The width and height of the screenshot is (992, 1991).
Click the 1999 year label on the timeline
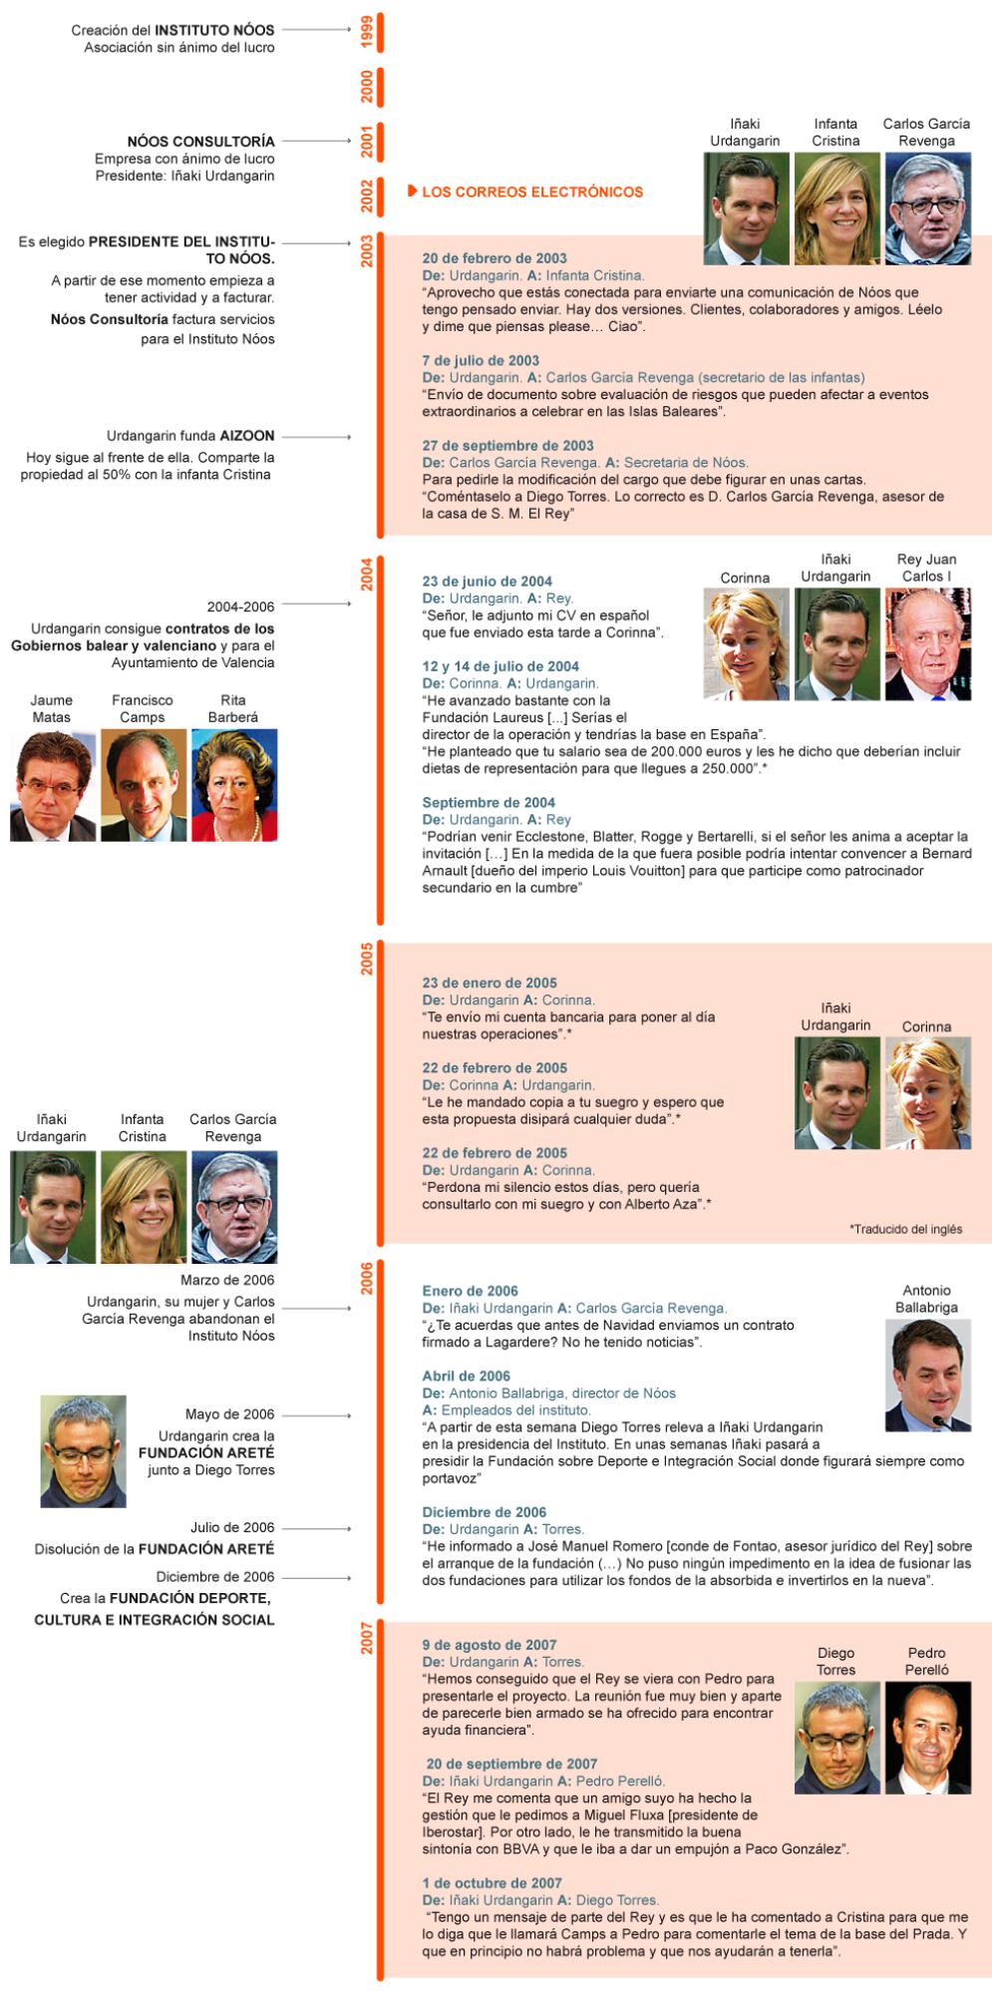tap(367, 32)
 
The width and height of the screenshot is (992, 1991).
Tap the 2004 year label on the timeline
tap(367, 575)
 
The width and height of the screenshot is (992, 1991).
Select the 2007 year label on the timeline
tap(367, 1638)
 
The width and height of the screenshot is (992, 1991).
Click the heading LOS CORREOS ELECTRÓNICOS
tap(532, 192)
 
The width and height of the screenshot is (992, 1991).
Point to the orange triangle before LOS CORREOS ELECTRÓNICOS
tap(412, 191)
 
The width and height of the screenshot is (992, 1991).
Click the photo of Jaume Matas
tap(53, 785)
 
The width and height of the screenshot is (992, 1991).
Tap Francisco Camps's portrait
tap(144, 785)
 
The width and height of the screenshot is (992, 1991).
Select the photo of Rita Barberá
tap(234, 785)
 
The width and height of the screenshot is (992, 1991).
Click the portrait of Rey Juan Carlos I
tap(927, 644)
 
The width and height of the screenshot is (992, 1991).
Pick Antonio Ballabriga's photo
tap(927, 1376)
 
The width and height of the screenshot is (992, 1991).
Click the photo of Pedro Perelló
tap(927, 1738)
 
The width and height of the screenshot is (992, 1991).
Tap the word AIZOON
tap(247, 436)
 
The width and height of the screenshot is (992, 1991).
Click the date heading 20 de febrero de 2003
tap(495, 258)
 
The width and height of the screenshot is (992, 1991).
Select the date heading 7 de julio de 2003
tap(481, 360)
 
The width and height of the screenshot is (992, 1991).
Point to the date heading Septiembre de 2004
tap(489, 802)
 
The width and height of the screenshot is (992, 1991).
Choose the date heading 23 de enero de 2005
tap(490, 983)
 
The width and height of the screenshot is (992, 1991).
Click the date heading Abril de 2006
tap(466, 1376)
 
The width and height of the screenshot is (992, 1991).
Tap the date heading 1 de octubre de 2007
tap(492, 1883)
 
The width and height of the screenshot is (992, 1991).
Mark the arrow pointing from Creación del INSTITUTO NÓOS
tap(316, 30)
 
